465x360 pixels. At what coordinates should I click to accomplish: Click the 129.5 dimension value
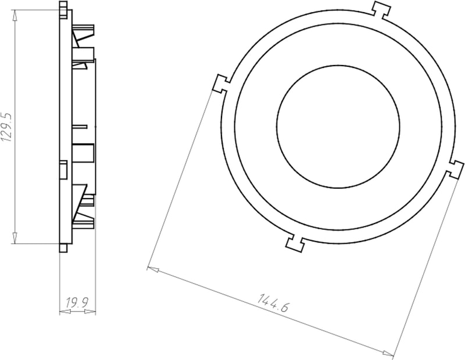click(x=7, y=127)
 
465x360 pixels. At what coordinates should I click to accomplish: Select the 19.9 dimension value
click(x=77, y=303)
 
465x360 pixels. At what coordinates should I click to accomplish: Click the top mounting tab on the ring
click(x=381, y=10)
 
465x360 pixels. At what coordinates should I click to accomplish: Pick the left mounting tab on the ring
click(x=221, y=84)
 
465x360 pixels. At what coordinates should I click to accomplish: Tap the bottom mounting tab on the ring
click(x=295, y=243)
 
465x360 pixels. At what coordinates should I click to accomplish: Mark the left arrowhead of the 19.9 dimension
click(x=65, y=312)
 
